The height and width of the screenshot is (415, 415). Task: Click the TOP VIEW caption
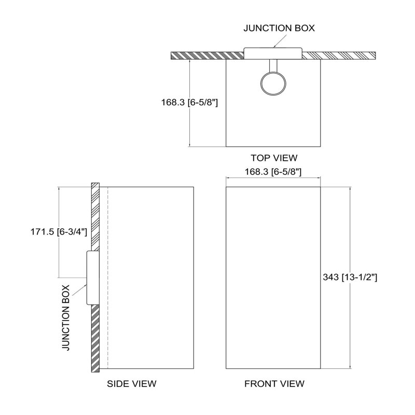[x=274, y=158]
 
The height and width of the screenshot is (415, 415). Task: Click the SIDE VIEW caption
[x=132, y=383]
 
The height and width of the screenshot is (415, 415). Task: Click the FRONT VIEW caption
[x=274, y=383]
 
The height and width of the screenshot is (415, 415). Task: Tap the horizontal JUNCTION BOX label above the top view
[x=279, y=28]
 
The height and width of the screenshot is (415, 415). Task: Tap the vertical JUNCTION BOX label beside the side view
[x=66, y=317]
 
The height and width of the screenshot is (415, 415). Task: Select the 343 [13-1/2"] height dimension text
[x=350, y=277]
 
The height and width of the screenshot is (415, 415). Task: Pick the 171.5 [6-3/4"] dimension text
[x=59, y=232]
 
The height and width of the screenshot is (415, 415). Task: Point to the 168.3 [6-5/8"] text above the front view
[x=273, y=172]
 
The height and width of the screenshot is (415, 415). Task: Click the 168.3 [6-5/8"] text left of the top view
[x=189, y=102]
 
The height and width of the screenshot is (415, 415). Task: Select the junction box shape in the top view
[x=273, y=53]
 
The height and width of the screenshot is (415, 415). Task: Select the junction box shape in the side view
[x=93, y=278]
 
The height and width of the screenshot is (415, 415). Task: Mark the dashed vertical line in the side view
[x=108, y=278]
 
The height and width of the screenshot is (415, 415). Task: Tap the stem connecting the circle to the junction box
[x=273, y=65]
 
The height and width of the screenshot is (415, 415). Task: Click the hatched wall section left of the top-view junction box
[x=207, y=56]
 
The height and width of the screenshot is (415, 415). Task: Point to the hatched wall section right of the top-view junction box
[x=339, y=56]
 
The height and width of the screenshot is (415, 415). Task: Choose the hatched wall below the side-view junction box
[x=95, y=338]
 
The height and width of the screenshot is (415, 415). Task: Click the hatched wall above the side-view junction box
[x=95, y=216]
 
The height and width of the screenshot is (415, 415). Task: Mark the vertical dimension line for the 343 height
[x=351, y=278]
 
